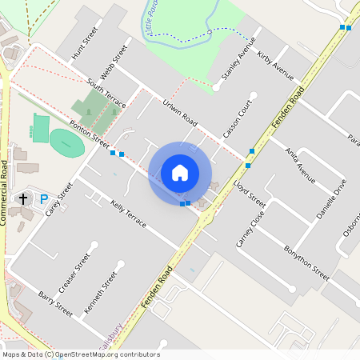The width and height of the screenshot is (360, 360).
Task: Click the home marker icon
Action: click(180, 173)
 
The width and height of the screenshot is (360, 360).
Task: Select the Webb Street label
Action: click(115, 63)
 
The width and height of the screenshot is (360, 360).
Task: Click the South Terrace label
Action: click(106, 94)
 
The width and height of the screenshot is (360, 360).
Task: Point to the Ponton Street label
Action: click(89, 134)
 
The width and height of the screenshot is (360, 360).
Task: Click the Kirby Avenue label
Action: click(275, 66)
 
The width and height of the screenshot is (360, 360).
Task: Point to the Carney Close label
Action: click(250, 230)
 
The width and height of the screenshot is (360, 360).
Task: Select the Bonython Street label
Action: click(306, 262)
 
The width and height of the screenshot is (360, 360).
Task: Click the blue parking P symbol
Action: click(44, 198)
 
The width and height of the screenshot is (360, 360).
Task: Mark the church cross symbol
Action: click(23, 198)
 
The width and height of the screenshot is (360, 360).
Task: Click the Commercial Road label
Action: click(5, 192)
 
